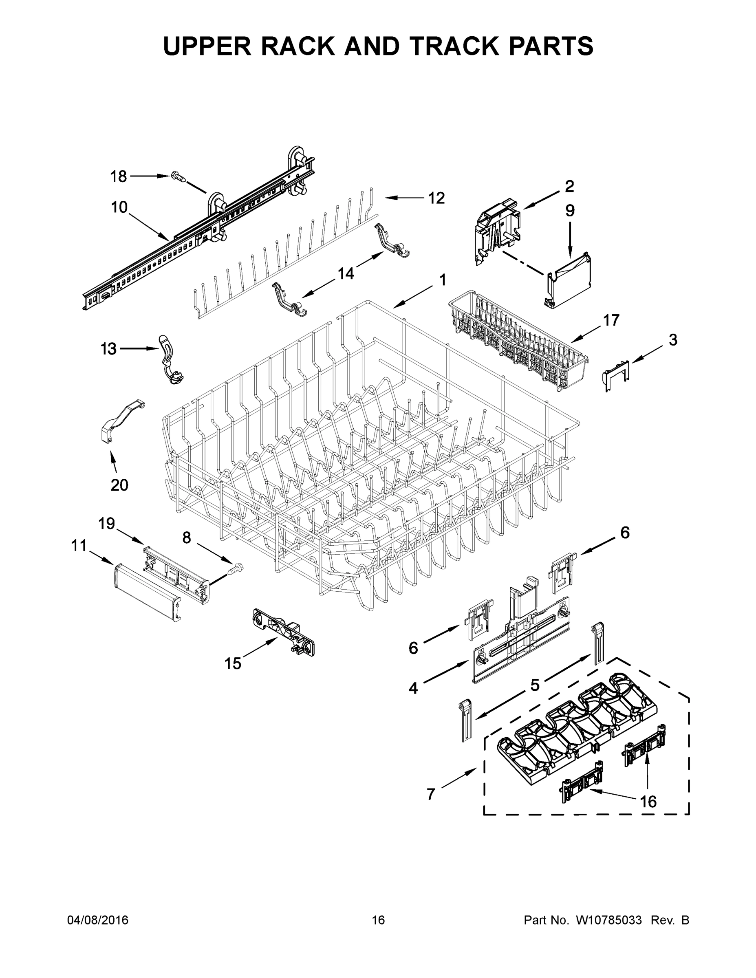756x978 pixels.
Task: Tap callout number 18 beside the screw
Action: pyautogui.click(x=119, y=176)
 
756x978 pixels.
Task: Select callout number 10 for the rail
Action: pyautogui.click(x=119, y=207)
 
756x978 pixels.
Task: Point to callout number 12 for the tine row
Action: pyautogui.click(x=436, y=198)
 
